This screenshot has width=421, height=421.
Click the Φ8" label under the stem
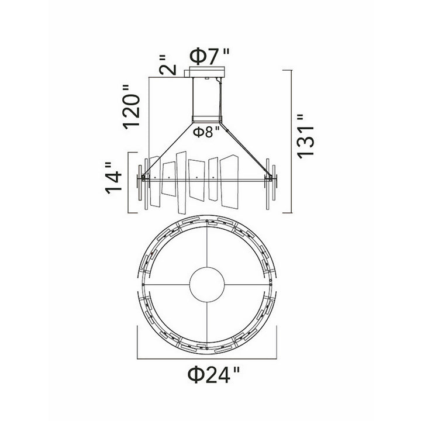coord(206,132)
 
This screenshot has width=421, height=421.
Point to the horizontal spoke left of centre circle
coord(168,285)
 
